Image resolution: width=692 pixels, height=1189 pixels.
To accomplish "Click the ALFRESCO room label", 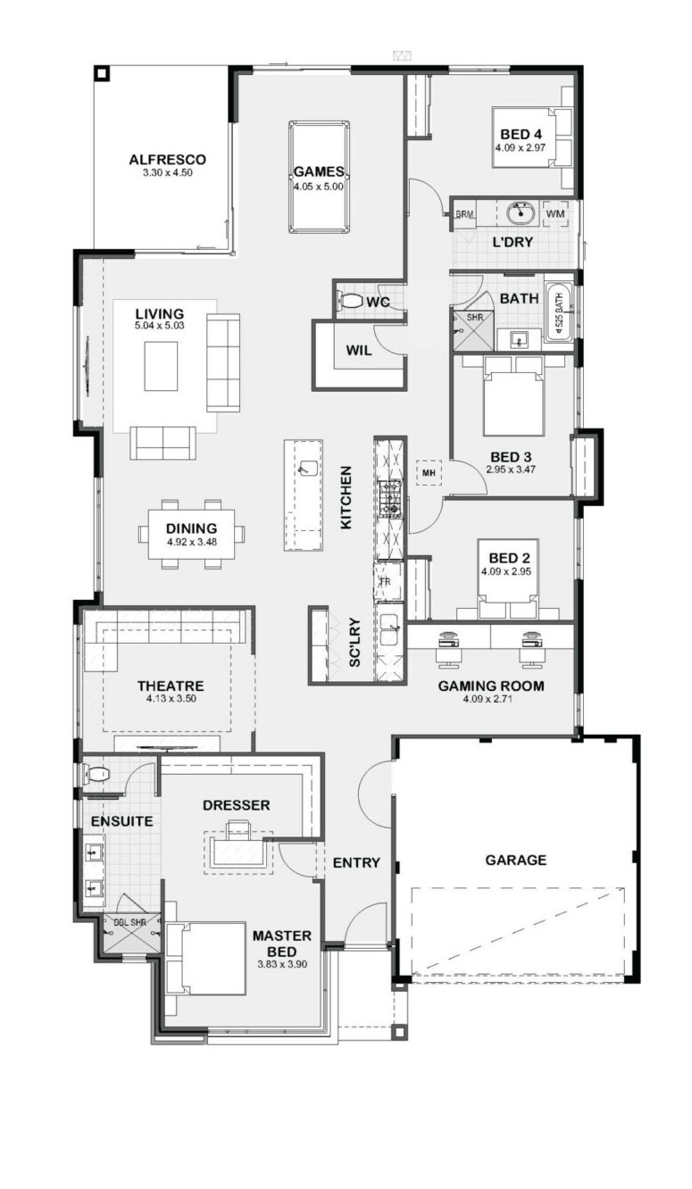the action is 167,159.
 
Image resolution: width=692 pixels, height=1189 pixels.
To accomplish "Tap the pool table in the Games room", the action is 319,178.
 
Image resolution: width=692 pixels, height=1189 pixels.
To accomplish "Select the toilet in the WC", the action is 351,302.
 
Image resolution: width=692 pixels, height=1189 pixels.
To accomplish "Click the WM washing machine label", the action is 555,213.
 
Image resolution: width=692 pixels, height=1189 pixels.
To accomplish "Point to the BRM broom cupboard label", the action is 464,214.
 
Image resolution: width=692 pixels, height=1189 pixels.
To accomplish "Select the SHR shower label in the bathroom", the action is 475,318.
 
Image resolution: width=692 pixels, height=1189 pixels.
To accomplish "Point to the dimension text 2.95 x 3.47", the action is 511,470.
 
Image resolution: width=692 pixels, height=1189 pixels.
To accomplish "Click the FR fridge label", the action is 385,581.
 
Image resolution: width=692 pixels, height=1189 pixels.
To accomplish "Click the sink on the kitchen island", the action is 308,468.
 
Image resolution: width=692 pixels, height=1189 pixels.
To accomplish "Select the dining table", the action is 192,534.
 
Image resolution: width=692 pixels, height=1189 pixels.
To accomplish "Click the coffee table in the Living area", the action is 161,366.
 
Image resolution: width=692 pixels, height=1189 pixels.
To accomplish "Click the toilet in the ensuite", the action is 96,774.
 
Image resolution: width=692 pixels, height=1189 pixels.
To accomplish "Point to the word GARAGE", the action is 516,860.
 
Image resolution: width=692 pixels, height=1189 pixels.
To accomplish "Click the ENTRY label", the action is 356,862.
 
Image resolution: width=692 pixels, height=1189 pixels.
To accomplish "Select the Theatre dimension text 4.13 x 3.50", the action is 171,699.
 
